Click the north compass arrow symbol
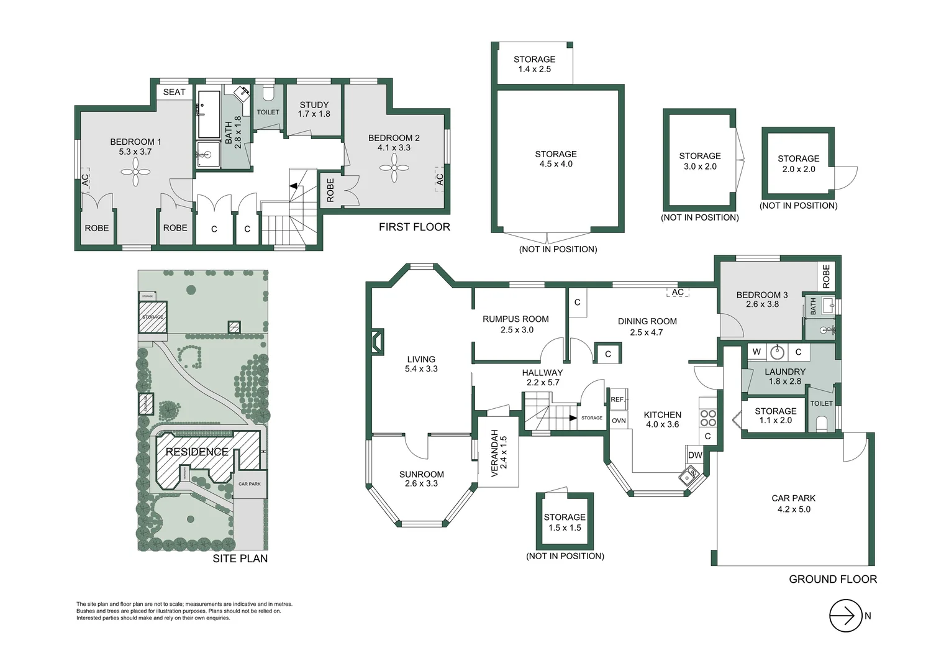point(845,616)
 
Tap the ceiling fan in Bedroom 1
point(135,172)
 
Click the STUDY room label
point(314,109)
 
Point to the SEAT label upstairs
point(174,92)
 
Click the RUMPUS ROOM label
point(515,324)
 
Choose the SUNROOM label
point(421,478)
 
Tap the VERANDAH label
point(499,453)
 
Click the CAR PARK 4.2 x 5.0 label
point(793,503)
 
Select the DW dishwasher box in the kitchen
point(695,455)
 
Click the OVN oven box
point(619,421)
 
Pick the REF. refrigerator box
point(618,399)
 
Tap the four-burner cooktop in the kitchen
point(708,418)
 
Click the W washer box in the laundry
point(756,352)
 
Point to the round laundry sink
point(777,352)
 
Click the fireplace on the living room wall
point(377,342)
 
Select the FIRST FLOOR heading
point(414,227)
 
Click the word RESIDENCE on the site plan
point(197,452)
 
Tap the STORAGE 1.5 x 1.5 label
point(565,522)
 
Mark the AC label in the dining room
point(678,292)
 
